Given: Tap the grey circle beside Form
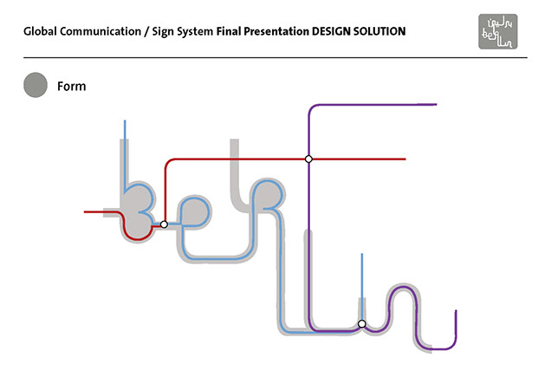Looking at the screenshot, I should [x=36, y=85].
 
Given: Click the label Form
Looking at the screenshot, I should [x=71, y=86].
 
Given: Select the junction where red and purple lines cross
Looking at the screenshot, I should [x=308, y=159].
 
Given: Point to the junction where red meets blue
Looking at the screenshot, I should [x=164, y=224].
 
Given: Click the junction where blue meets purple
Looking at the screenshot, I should [x=362, y=324].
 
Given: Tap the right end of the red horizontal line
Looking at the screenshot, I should [x=405, y=159].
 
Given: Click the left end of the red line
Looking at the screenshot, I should [x=85, y=211].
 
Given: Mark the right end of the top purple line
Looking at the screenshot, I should [x=436, y=104].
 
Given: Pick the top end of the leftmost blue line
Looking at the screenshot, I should [x=126, y=121].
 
